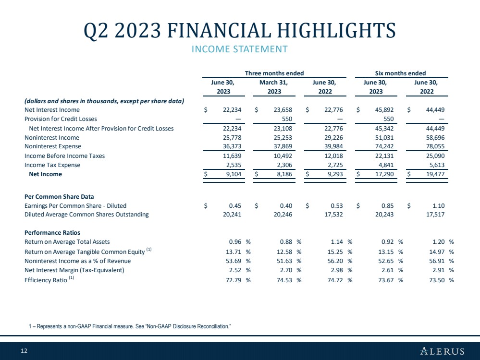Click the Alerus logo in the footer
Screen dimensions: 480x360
[x=443, y=351]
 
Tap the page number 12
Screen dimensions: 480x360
[x=24, y=351]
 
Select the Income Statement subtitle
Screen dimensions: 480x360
[x=240, y=49]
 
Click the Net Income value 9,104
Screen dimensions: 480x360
[x=234, y=174]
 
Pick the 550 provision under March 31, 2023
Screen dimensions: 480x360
[x=287, y=119]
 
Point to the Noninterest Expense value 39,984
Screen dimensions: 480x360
[x=333, y=146]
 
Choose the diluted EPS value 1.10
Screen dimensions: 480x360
[x=439, y=206]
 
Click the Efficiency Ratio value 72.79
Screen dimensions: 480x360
[x=234, y=280]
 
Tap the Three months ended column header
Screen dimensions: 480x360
[x=274, y=73]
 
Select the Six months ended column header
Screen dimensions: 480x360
[x=400, y=73]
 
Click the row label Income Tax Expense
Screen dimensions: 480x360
[x=52, y=165]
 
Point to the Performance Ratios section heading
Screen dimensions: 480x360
[x=52, y=232]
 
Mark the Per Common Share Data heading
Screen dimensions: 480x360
[x=59, y=197]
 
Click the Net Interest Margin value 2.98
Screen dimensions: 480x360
[x=337, y=270]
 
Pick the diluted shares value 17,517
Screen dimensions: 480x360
[x=435, y=215]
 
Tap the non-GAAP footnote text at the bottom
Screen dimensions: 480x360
[x=130, y=326]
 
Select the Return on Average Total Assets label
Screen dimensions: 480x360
[x=67, y=241]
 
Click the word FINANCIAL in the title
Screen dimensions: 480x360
[x=219, y=31]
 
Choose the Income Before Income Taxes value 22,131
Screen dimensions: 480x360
[x=384, y=156]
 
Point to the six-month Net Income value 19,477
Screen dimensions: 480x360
[x=435, y=174]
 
